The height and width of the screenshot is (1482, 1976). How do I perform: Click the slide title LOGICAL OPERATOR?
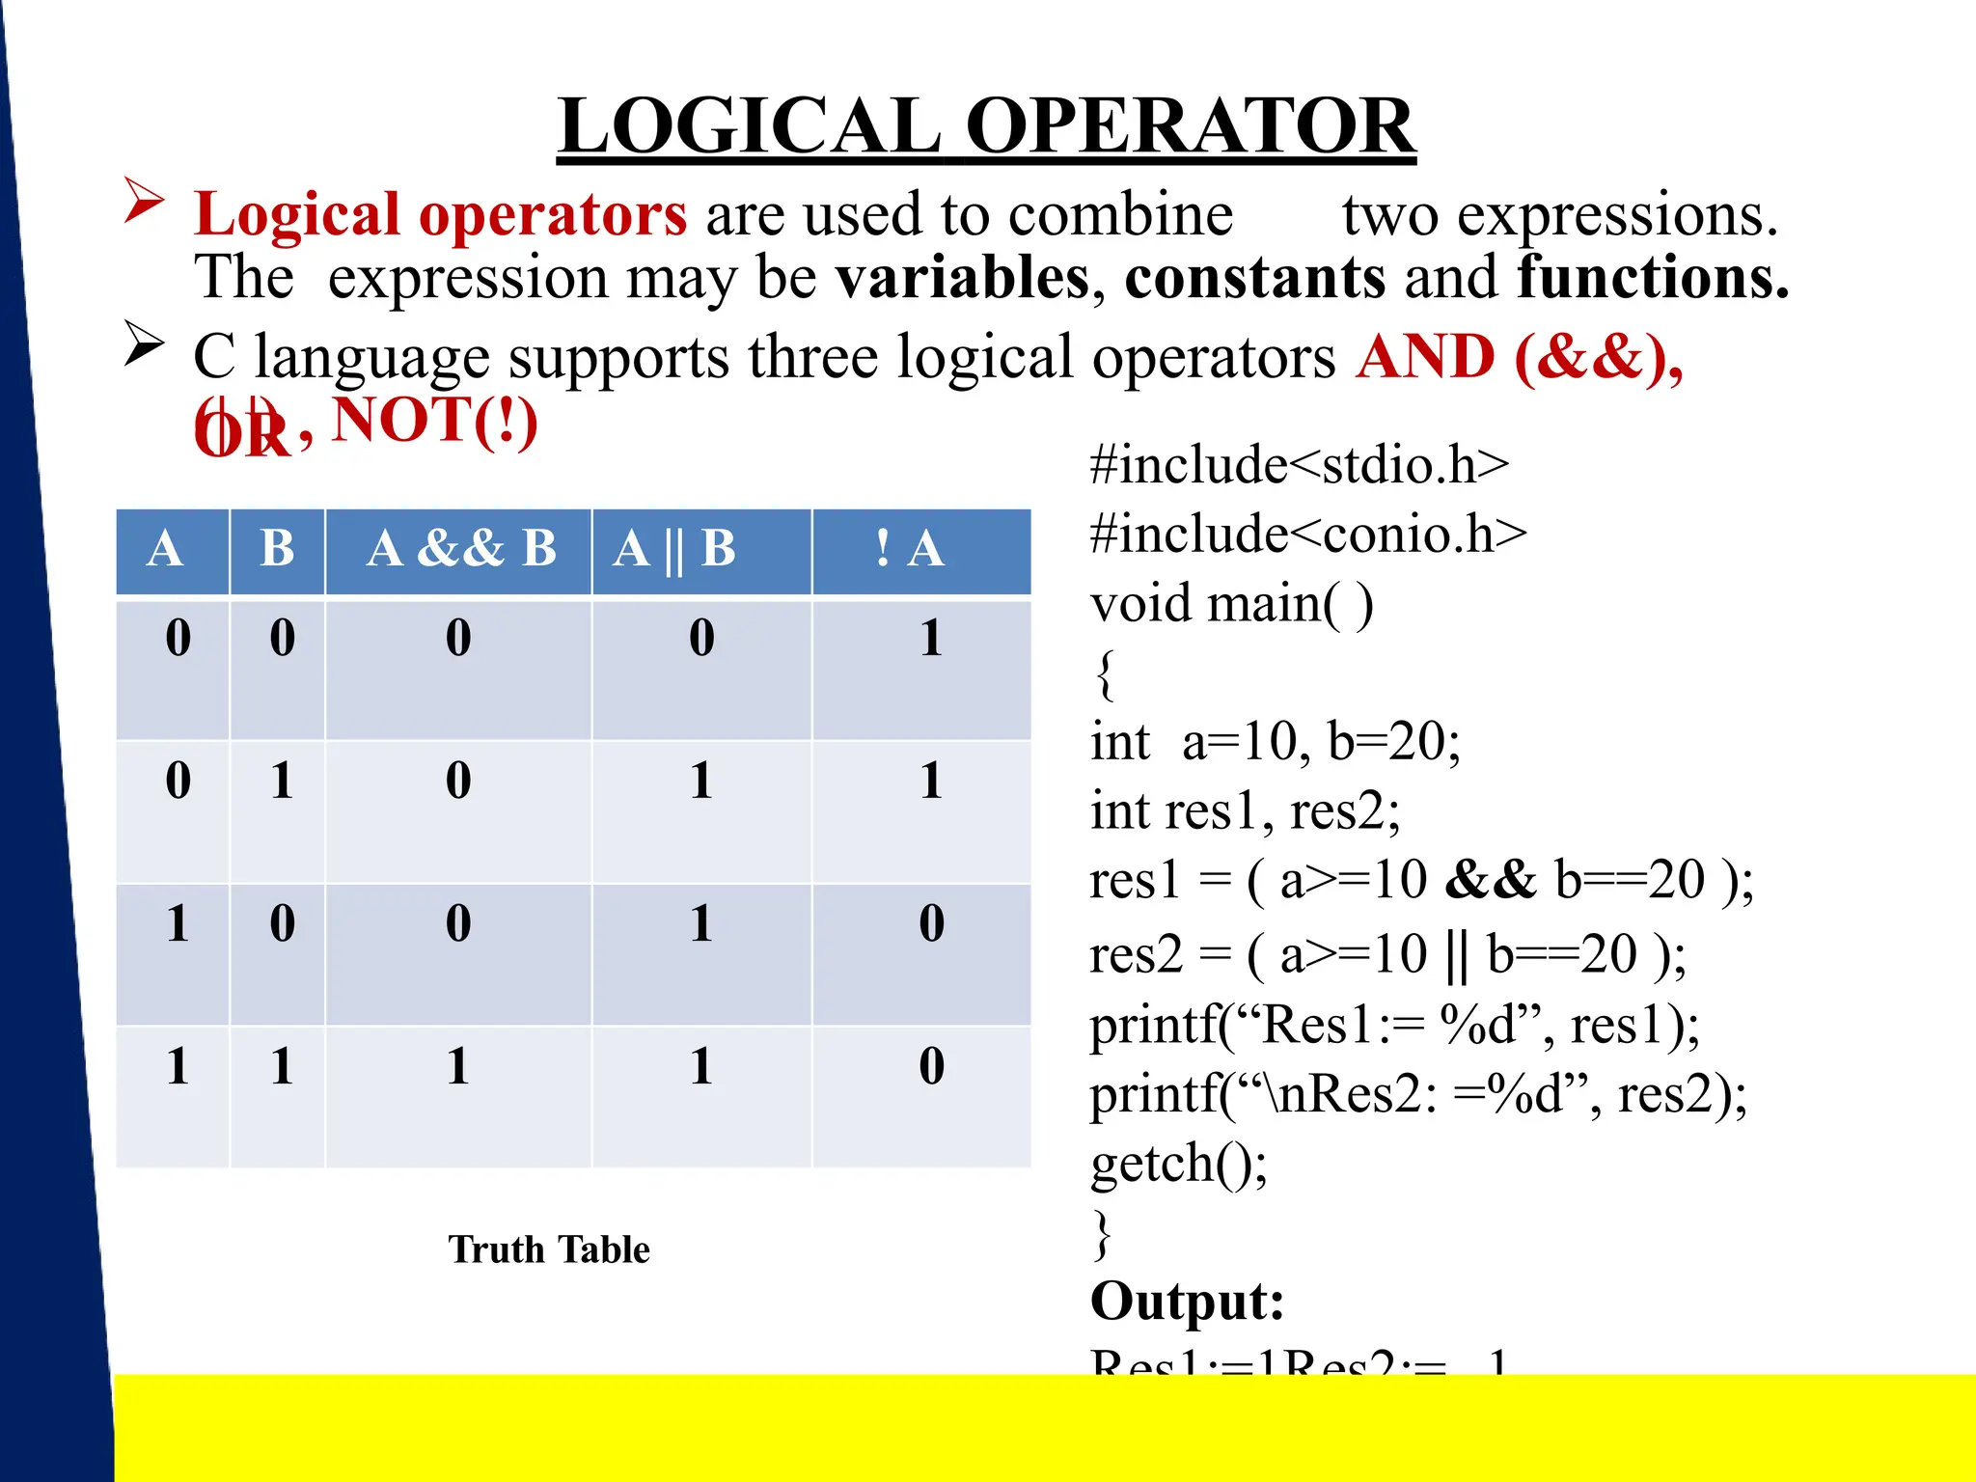[986, 126]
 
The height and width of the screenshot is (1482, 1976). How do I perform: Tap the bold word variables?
[962, 278]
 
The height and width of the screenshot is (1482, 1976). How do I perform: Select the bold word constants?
[1255, 278]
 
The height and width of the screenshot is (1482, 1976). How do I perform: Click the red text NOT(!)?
[434, 421]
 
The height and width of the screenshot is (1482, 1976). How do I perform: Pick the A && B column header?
[461, 549]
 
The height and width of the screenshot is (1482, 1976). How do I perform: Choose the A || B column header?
[674, 549]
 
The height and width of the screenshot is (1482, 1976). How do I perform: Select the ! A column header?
[909, 549]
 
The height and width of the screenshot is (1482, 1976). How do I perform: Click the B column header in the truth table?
[277, 549]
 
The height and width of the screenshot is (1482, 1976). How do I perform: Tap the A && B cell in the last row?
[458, 1067]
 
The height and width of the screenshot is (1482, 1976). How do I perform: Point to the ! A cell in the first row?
[930, 638]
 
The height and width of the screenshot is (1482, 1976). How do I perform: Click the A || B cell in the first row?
[701, 638]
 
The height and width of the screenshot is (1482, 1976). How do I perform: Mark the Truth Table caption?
[549, 1249]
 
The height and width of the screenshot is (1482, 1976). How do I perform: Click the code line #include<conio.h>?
[1308, 534]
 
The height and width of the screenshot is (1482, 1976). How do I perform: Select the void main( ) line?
[1231, 604]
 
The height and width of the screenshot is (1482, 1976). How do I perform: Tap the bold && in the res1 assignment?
[1491, 880]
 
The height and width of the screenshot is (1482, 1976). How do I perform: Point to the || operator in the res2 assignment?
[1456, 954]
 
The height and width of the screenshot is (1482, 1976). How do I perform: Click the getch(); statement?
[1178, 1163]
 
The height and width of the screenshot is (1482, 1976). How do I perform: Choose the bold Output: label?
[1187, 1301]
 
